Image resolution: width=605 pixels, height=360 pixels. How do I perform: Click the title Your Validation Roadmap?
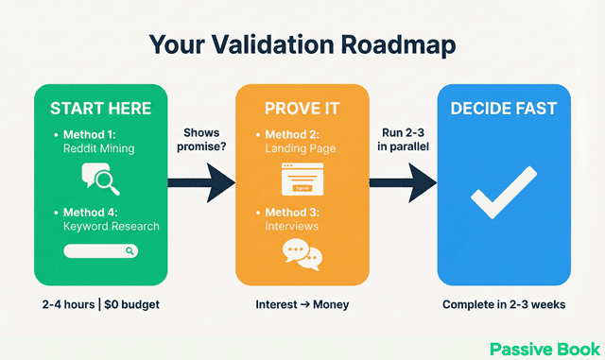(x=302, y=46)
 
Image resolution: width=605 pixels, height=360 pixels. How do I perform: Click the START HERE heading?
(x=100, y=108)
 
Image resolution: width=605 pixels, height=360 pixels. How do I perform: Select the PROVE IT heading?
(x=302, y=108)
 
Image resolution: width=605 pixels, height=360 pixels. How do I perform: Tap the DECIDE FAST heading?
(x=503, y=108)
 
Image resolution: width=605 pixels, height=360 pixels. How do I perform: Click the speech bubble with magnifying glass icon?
(x=100, y=177)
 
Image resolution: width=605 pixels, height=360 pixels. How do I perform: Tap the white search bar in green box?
(x=100, y=250)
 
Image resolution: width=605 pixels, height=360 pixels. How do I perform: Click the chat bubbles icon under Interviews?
(x=302, y=253)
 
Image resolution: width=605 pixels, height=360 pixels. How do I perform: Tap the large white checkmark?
(x=503, y=197)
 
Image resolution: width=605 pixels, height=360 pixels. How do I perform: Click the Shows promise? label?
(x=201, y=140)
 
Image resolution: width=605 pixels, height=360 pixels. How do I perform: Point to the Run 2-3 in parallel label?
(x=403, y=140)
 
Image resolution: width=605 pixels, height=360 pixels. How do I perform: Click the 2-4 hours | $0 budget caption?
(x=100, y=305)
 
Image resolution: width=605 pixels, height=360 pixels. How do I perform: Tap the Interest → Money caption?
(x=302, y=305)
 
